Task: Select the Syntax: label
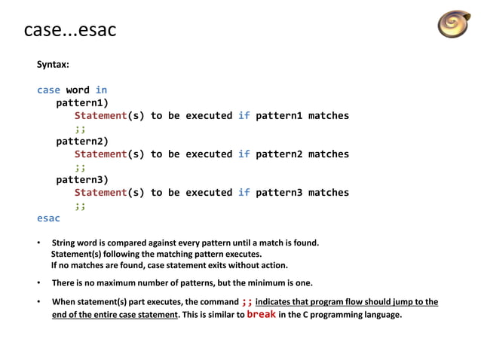53,65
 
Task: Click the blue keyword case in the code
48,90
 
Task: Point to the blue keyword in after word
101,90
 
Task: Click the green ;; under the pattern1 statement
80,128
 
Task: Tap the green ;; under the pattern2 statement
80,166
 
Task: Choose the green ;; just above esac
80,205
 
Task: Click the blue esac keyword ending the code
48,218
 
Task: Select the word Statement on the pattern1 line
100,116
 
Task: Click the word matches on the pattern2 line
329,154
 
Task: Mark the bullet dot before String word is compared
39,243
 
